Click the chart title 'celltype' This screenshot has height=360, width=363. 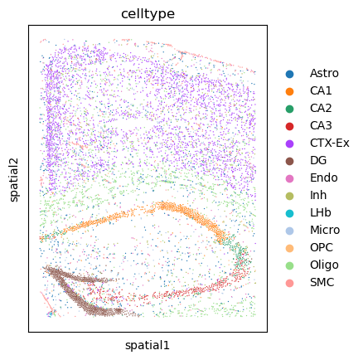(x=148, y=14)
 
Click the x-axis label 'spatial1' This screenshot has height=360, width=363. (x=148, y=345)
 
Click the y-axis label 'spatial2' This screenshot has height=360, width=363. (x=13, y=180)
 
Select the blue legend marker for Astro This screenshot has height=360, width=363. (x=289, y=74)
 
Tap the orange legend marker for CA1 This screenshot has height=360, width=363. (x=289, y=91)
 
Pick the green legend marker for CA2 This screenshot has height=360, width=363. (x=289, y=109)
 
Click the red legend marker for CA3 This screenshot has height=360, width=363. (x=289, y=126)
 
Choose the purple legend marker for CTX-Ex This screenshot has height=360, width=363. (x=289, y=144)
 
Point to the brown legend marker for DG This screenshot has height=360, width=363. (x=289, y=161)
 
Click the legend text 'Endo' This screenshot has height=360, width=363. (x=324, y=178)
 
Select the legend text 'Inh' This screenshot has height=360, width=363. (x=318, y=195)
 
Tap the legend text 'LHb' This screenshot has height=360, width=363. (x=321, y=212)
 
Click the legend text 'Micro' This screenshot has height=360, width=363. (x=325, y=230)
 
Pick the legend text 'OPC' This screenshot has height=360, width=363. (x=322, y=247)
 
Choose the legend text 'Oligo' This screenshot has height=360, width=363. (x=324, y=265)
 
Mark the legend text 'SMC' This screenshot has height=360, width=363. (x=322, y=282)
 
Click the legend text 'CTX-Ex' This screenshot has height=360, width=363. (x=330, y=143)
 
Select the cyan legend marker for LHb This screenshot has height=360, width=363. (x=289, y=213)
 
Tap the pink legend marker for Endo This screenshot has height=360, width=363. (x=289, y=178)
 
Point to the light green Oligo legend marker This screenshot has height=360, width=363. (x=289, y=265)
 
